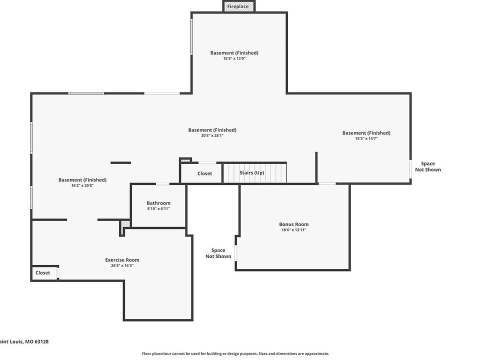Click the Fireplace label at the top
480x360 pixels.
[x=238, y=6]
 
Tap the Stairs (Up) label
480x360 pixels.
[x=251, y=173]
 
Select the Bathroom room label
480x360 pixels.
[x=158, y=203]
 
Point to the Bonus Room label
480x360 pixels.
[x=293, y=224]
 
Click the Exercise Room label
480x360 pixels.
[x=122, y=260]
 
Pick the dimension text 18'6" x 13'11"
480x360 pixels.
[x=293, y=230]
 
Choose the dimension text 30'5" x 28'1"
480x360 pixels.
[x=212, y=135]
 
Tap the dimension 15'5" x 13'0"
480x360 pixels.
[x=234, y=58]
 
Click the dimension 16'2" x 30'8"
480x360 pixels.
[x=82, y=185]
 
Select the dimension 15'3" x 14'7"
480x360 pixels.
[x=366, y=138]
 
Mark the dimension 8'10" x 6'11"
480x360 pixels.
[x=158, y=208]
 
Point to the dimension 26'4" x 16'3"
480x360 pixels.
[x=122, y=265]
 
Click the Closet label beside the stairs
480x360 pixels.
[x=204, y=174]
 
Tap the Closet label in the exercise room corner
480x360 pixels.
[x=42, y=273]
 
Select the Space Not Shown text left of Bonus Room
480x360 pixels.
[x=218, y=253]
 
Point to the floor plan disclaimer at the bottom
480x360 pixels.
[x=235, y=353]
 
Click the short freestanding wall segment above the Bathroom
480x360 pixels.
[x=120, y=162]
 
